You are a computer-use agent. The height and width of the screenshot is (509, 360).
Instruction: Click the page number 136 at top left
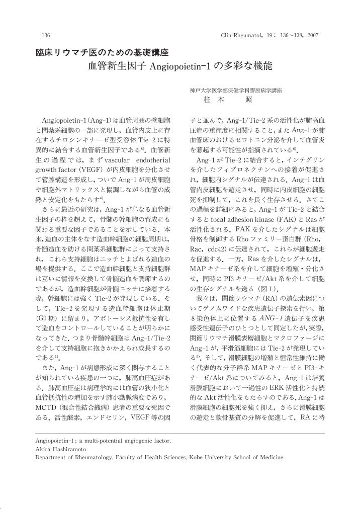(x=45, y=35)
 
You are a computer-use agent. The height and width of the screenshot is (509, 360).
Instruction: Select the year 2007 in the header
(x=312, y=35)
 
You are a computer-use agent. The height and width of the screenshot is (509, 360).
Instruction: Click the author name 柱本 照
(x=221, y=101)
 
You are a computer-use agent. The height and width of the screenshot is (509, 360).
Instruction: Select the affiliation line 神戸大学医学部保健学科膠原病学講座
(x=236, y=91)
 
